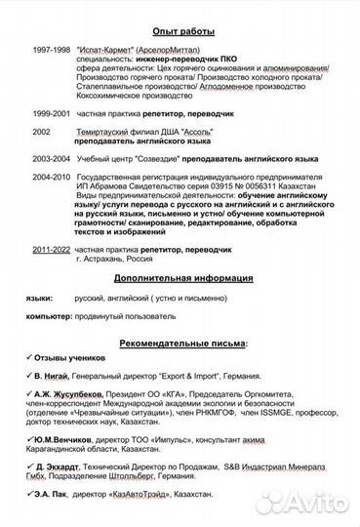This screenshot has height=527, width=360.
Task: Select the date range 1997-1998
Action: (51, 48)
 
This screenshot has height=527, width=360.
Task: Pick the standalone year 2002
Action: (41, 131)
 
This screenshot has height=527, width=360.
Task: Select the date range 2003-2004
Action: (51, 158)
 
